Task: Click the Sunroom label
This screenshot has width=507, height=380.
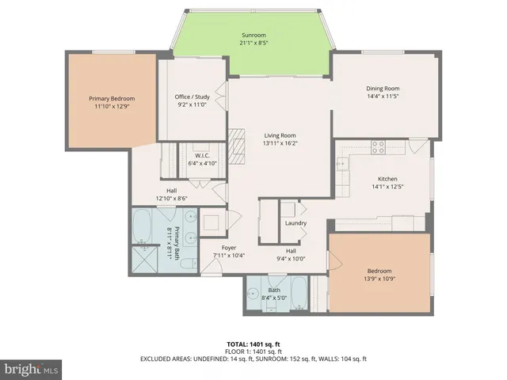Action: coord(253,36)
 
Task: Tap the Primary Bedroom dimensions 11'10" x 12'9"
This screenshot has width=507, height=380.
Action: coord(112,106)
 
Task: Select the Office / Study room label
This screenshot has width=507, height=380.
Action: coord(192,97)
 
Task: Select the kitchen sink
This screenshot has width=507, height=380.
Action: coord(342,165)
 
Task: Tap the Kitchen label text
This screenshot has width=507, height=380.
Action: coord(387,179)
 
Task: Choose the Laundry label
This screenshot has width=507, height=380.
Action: coord(295,223)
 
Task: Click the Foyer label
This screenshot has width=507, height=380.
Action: coord(230,248)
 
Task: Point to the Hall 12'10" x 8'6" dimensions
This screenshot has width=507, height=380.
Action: coord(171,198)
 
